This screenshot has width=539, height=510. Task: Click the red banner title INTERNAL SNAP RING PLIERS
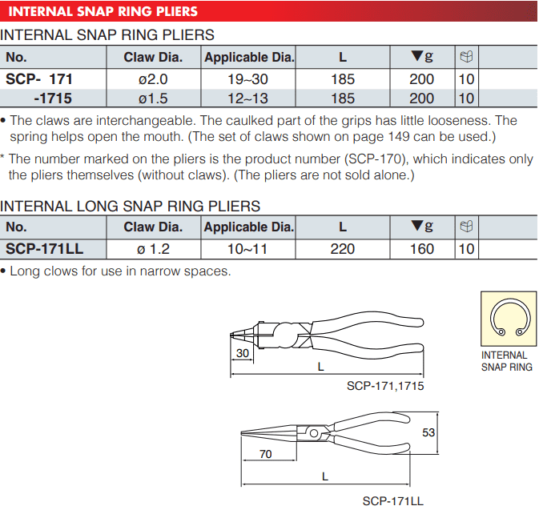[103, 11]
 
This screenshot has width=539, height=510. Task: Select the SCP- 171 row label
[39, 79]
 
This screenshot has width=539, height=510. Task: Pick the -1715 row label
[53, 98]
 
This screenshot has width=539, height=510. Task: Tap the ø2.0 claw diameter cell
[153, 79]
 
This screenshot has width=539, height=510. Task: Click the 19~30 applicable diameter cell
[247, 79]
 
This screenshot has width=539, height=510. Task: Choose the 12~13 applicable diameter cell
[247, 98]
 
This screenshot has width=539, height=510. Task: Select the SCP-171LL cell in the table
[44, 249]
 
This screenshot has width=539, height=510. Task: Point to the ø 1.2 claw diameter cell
[153, 249]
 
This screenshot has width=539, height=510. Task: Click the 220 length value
[342, 249]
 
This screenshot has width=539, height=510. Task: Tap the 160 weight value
[422, 249]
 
